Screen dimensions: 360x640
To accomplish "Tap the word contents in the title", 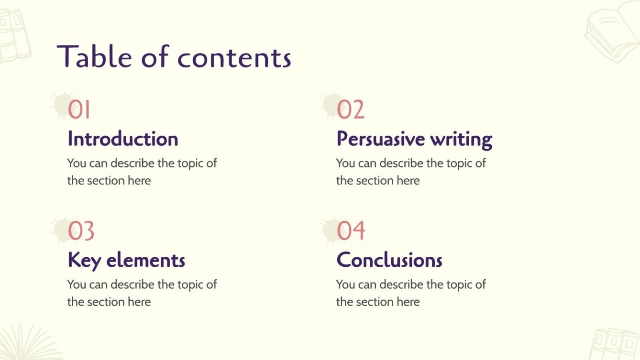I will (x=234, y=57).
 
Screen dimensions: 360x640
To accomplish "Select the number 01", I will (x=79, y=109).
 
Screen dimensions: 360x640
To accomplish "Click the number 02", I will (x=351, y=109).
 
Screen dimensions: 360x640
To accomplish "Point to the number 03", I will (x=81, y=231).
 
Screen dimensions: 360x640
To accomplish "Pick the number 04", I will (x=351, y=231).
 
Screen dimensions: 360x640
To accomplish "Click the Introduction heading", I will (x=123, y=139).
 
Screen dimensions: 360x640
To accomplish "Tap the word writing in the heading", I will (x=461, y=139).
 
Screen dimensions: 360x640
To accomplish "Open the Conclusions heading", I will (x=389, y=261).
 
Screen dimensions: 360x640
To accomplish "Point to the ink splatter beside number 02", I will (x=329, y=105).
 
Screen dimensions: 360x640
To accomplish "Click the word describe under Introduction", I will (x=133, y=164).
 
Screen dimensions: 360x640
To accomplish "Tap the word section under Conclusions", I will (x=377, y=302).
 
